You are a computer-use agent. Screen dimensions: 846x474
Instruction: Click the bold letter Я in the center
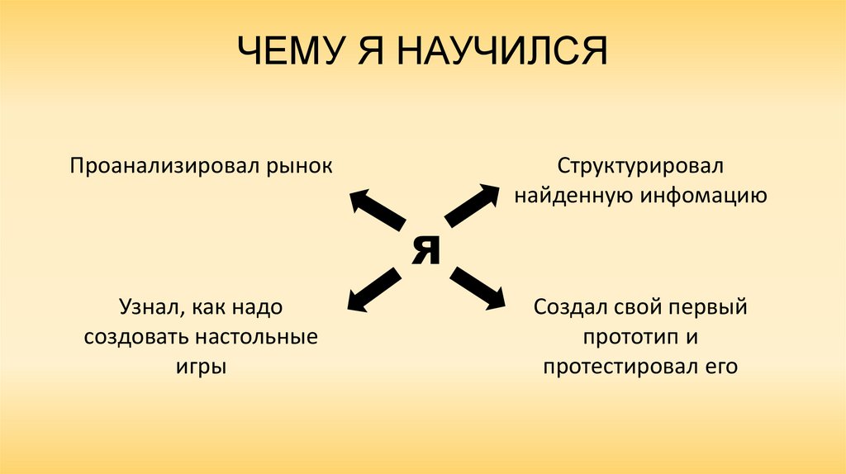pos(426,249)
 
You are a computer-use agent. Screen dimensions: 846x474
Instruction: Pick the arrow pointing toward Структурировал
pos(473,205)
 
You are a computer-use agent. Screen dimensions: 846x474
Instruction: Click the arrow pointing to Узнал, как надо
pos(376,290)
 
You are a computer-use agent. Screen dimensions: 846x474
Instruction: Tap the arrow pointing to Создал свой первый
pos(478,288)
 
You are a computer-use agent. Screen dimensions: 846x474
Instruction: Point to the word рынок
pos(298,166)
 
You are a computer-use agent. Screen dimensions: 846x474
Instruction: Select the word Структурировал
pos(639,165)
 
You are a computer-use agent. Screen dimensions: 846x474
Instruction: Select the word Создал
pos(569,308)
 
